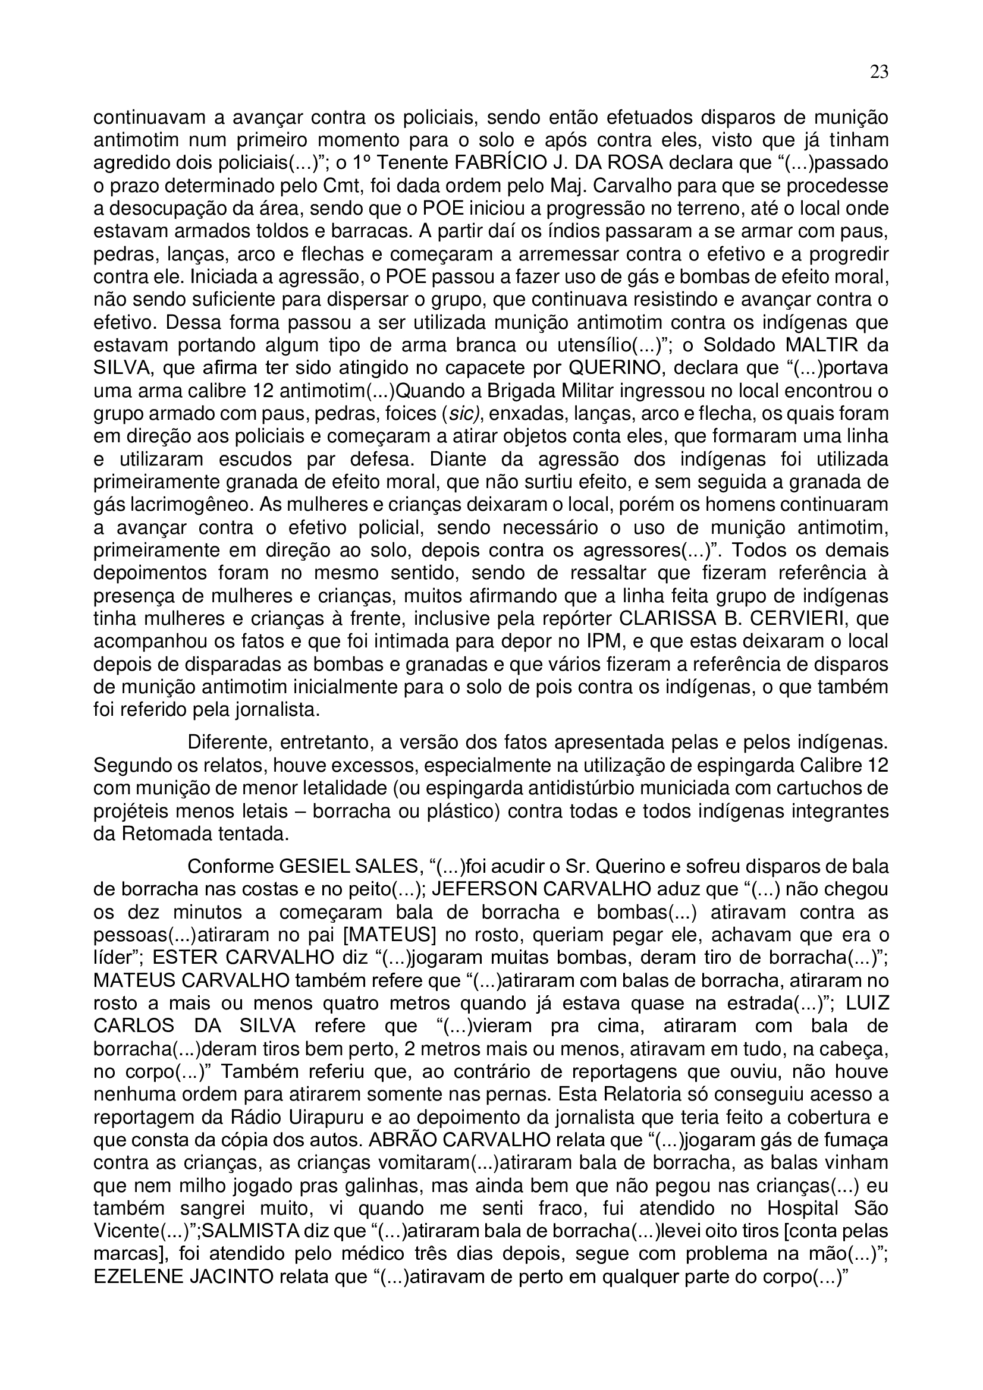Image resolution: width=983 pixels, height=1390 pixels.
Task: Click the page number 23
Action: (x=880, y=73)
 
